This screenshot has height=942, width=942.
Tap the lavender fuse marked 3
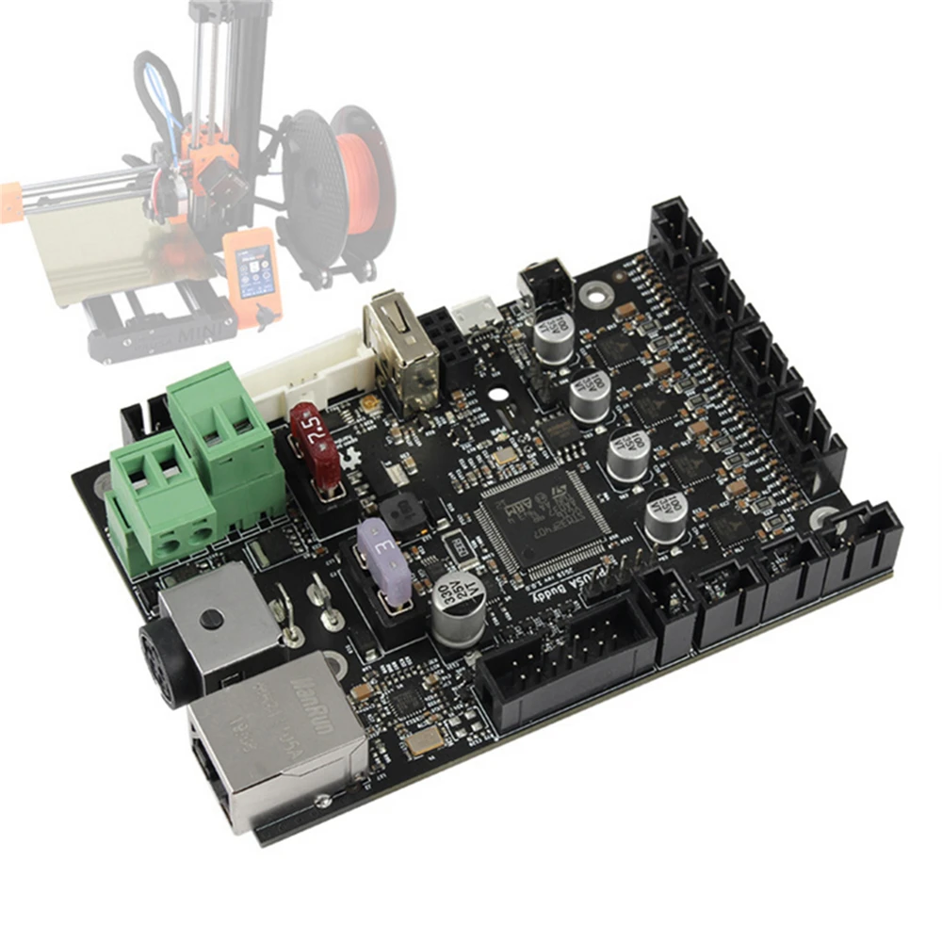pyautogui.click(x=384, y=561)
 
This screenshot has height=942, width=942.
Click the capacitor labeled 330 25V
pyautogui.click(x=459, y=603)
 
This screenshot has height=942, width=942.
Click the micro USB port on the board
pyautogui.click(x=474, y=313)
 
